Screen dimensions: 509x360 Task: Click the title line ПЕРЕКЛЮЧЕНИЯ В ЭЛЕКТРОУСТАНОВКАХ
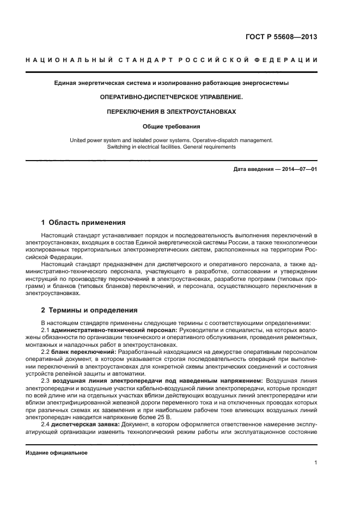(172, 112)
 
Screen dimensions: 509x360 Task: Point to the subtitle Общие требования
(172, 126)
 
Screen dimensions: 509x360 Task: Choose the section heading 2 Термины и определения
(90, 310)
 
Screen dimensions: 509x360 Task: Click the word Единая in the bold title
(65, 83)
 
